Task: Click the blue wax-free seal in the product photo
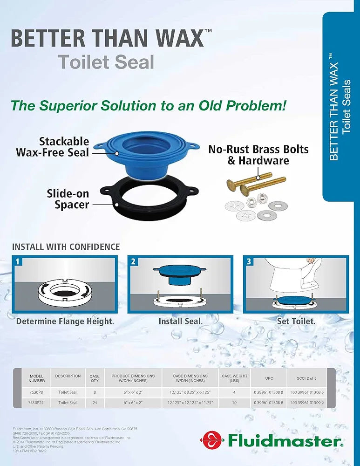tap(140, 149)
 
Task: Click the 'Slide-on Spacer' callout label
tap(68, 199)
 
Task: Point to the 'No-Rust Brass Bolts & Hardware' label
tap(258, 155)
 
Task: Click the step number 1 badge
tap(18, 261)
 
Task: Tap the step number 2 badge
tap(133, 261)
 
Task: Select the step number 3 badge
tap(249, 261)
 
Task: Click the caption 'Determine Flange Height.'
tap(65, 321)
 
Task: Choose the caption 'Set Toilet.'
tap(296, 321)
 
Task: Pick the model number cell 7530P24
tap(37, 403)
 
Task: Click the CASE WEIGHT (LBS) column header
tap(235, 378)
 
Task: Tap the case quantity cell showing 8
tap(95, 392)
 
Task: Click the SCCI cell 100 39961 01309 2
tap(307, 403)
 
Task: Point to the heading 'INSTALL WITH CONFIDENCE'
tap(66, 247)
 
